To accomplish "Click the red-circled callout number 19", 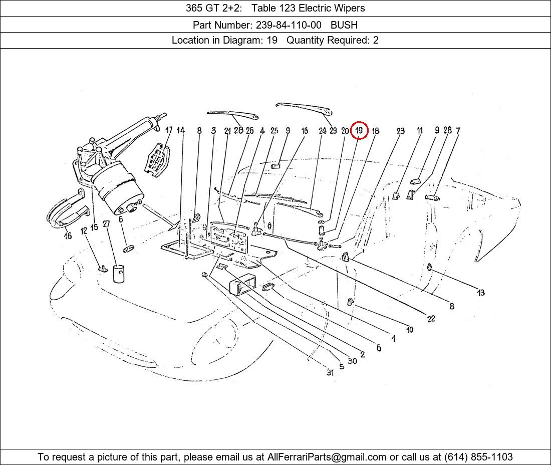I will point(359,131).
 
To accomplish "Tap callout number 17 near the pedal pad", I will point(169,130).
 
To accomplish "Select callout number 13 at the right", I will point(481,293).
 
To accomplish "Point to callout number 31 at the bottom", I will point(330,373).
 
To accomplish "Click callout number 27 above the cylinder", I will point(106,224).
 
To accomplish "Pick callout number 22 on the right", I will point(431,318).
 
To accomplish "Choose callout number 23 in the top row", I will point(400,131).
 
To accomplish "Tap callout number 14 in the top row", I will point(181,130).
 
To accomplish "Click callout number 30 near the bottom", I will point(352,361).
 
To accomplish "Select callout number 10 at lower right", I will point(410,330).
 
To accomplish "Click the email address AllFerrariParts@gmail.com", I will point(327,457).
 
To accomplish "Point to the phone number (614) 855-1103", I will point(477,457).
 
